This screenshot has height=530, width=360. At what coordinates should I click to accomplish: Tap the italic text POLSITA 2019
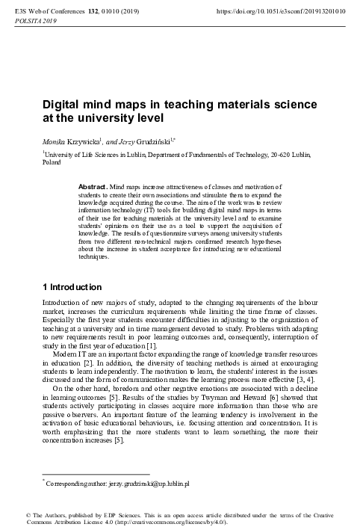coord(31,22)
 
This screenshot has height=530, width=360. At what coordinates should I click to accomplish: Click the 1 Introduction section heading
coord(77,287)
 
